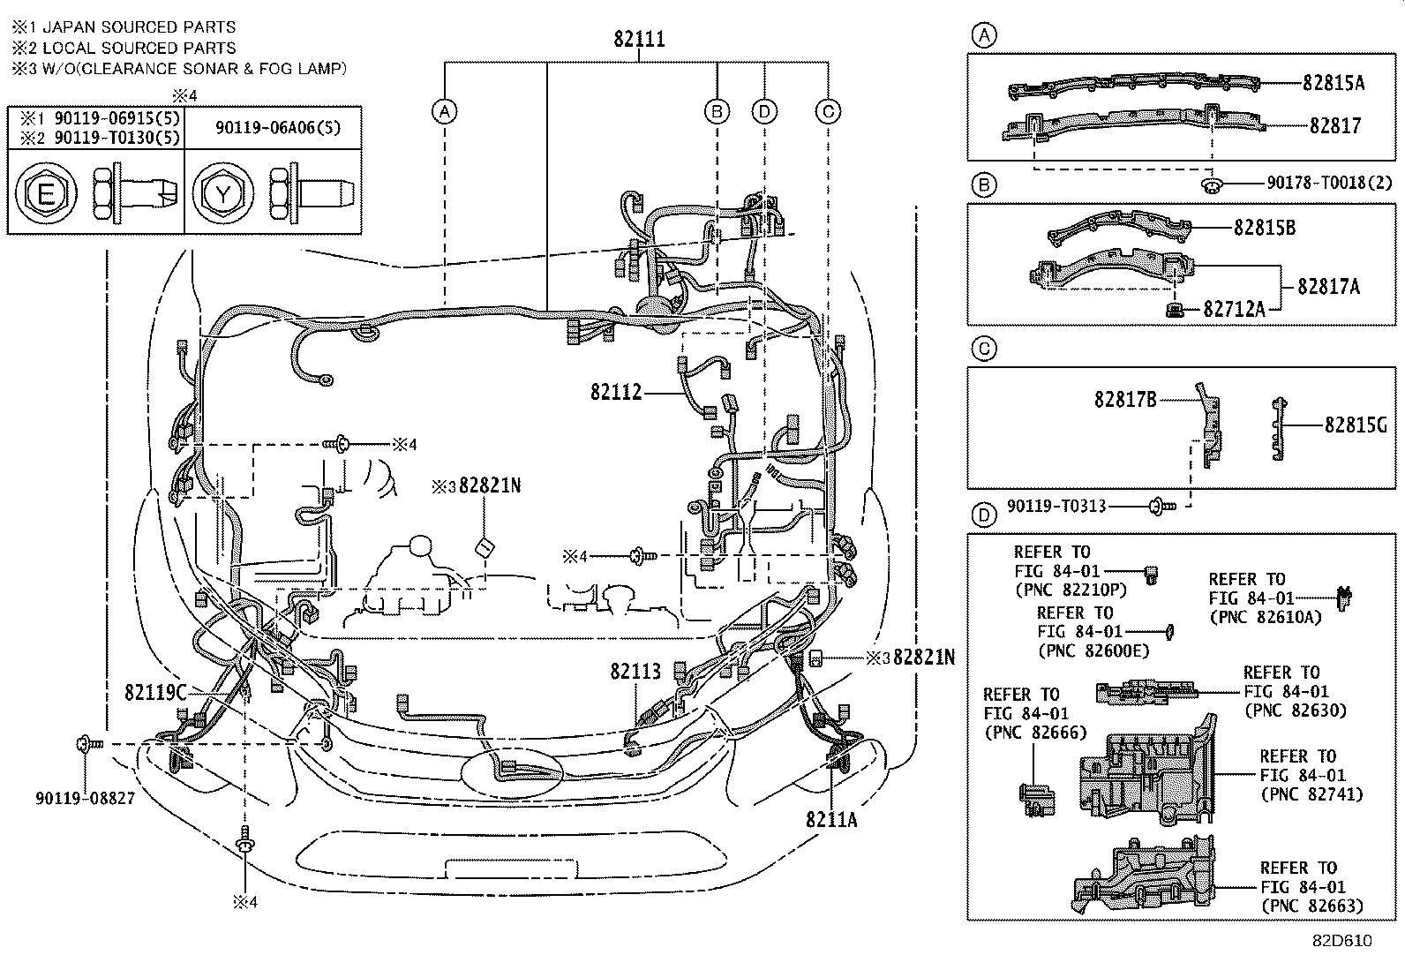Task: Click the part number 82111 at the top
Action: (x=639, y=40)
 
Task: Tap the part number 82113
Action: (x=635, y=673)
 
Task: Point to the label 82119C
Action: (x=155, y=692)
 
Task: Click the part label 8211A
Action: (x=830, y=820)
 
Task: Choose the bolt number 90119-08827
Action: (x=85, y=798)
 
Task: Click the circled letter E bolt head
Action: (x=45, y=191)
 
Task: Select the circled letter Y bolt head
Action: (x=222, y=191)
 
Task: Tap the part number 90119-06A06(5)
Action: (x=278, y=127)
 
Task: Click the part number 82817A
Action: (x=1328, y=287)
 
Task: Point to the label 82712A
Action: (x=1235, y=309)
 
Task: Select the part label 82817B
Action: (x=1125, y=400)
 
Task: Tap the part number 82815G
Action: (x=1356, y=425)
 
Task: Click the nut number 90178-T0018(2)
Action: (x=1329, y=183)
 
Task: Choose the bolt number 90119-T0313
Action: (x=1057, y=508)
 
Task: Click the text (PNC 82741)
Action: (x=1311, y=794)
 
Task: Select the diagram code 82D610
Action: (x=1341, y=941)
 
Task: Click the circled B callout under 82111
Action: (x=717, y=111)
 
